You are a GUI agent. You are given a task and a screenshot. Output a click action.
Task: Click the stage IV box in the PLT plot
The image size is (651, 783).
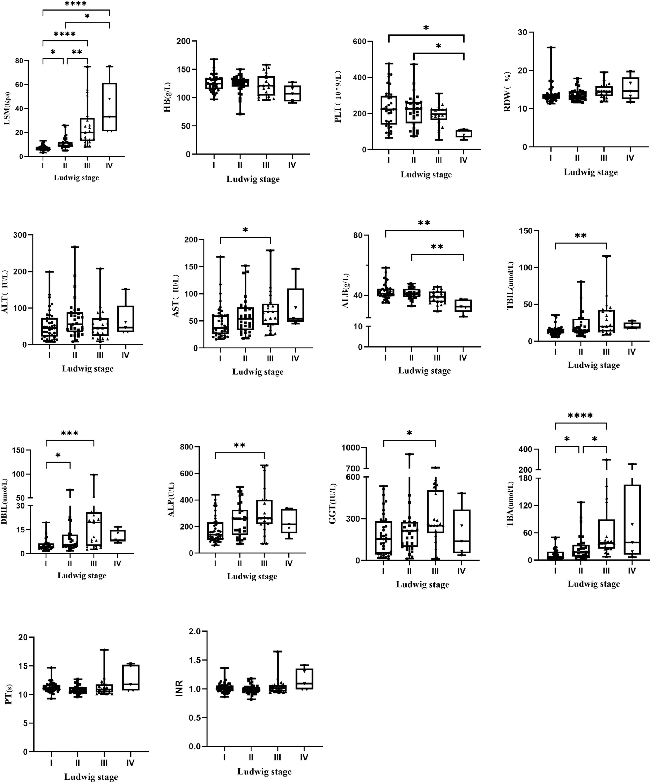pyautogui.click(x=464, y=134)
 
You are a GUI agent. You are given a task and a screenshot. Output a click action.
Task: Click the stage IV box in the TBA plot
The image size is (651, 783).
pyautogui.click(x=632, y=519)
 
